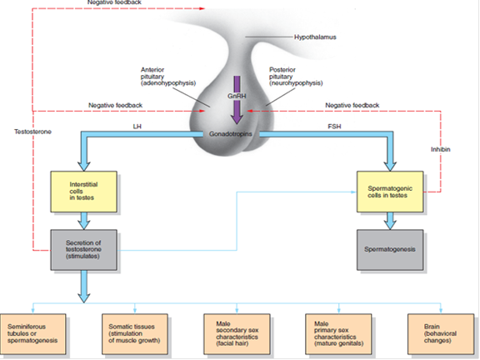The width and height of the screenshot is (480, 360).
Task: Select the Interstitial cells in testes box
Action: coord(82,190)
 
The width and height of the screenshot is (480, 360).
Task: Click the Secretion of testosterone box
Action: coord(82,249)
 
